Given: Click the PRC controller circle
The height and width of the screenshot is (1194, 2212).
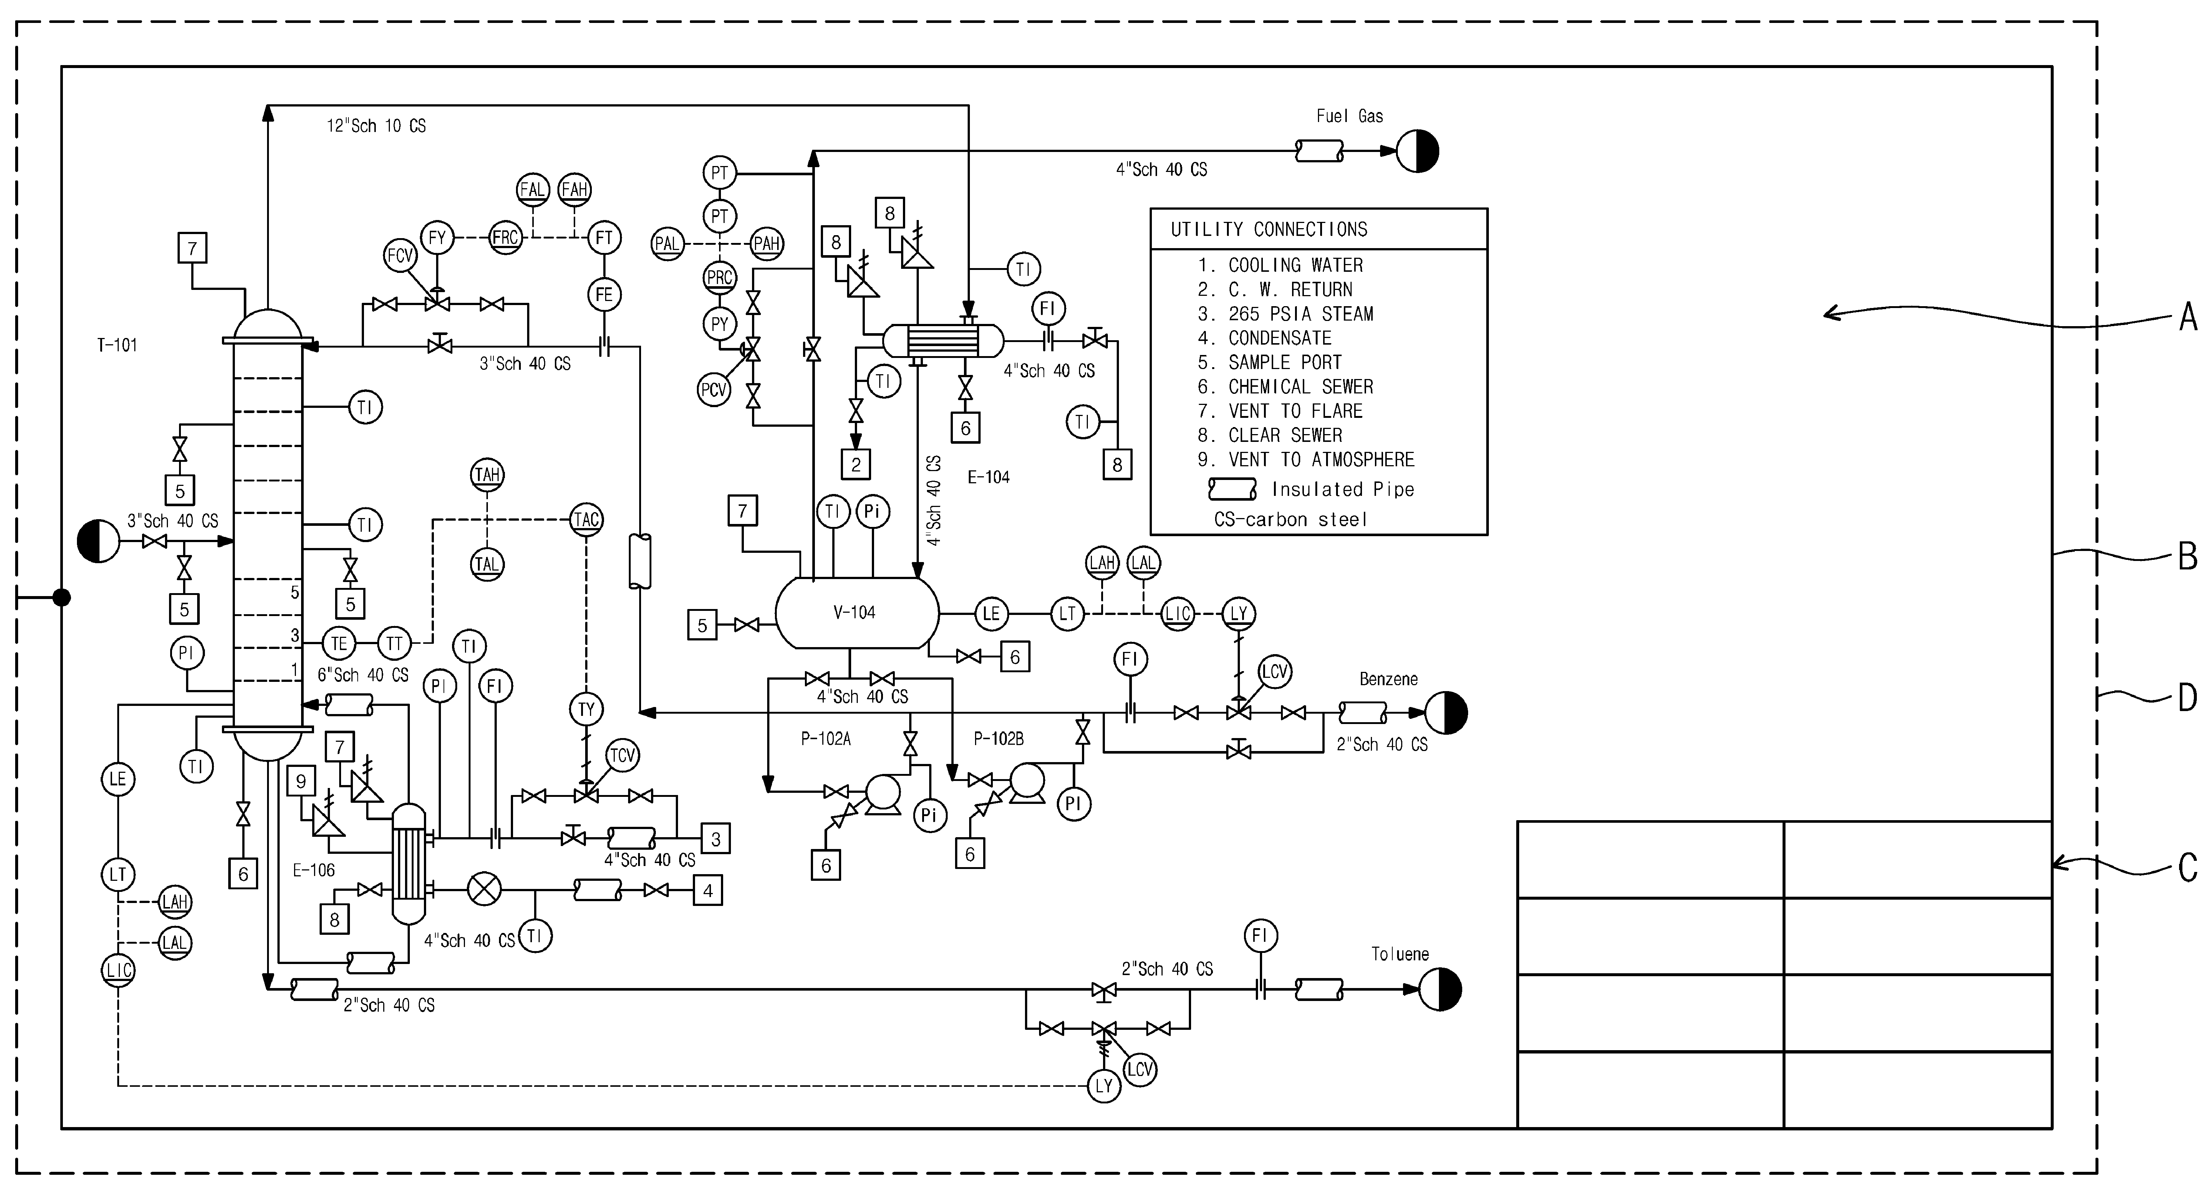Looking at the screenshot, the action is click(719, 277).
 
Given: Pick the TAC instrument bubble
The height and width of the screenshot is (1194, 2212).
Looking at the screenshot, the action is click(587, 519).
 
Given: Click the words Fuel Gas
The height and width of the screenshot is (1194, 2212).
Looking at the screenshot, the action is click(1350, 116).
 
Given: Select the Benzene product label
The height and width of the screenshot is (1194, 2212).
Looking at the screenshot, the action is click(1389, 679).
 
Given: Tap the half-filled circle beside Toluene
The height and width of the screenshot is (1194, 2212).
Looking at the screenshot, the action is click(1440, 989).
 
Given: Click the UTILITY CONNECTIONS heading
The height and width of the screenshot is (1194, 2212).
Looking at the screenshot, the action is click(1269, 229).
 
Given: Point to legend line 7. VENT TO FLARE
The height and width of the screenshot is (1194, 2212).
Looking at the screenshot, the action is click(1280, 411).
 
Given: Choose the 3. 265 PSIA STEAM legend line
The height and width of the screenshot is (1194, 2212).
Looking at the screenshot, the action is click(1285, 314).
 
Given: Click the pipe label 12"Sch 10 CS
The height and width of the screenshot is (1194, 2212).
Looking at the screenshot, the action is click(376, 125).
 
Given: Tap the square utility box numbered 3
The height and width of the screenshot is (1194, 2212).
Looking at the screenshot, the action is click(716, 839).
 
